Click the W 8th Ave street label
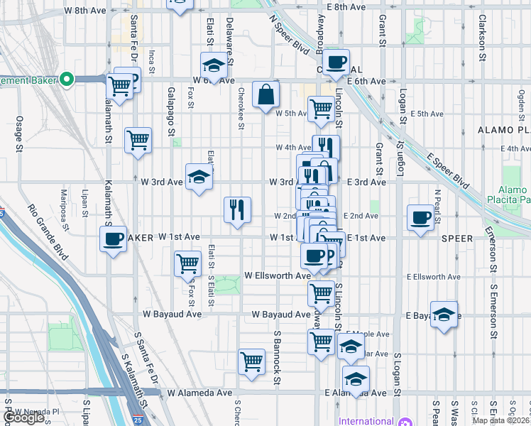[84, 11]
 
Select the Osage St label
[19, 133]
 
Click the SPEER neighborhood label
[456, 239]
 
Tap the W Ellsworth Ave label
[278, 275]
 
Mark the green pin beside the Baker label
[67, 79]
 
